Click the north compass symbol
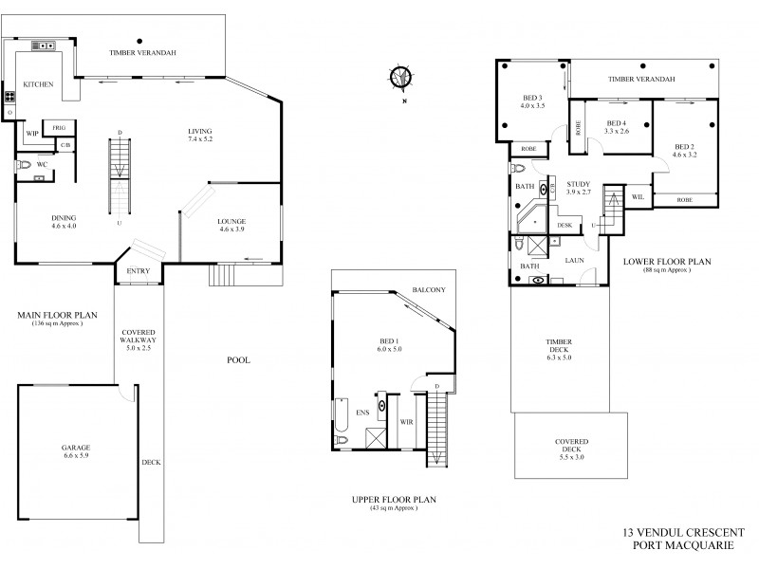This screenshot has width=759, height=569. click(x=403, y=76)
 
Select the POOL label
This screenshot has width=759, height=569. click(x=238, y=359)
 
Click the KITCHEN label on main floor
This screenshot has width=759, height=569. click(x=37, y=84)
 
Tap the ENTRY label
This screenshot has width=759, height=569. click(x=138, y=273)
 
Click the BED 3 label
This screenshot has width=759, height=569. click(x=532, y=99)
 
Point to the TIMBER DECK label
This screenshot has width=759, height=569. click(x=558, y=345)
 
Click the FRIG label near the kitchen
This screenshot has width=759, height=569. click(x=58, y=126)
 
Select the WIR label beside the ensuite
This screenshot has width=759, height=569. click(x=406, y=419)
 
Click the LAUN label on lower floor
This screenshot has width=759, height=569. click(x=574, y=258)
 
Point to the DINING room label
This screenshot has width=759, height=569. click(x=64, y=219)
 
